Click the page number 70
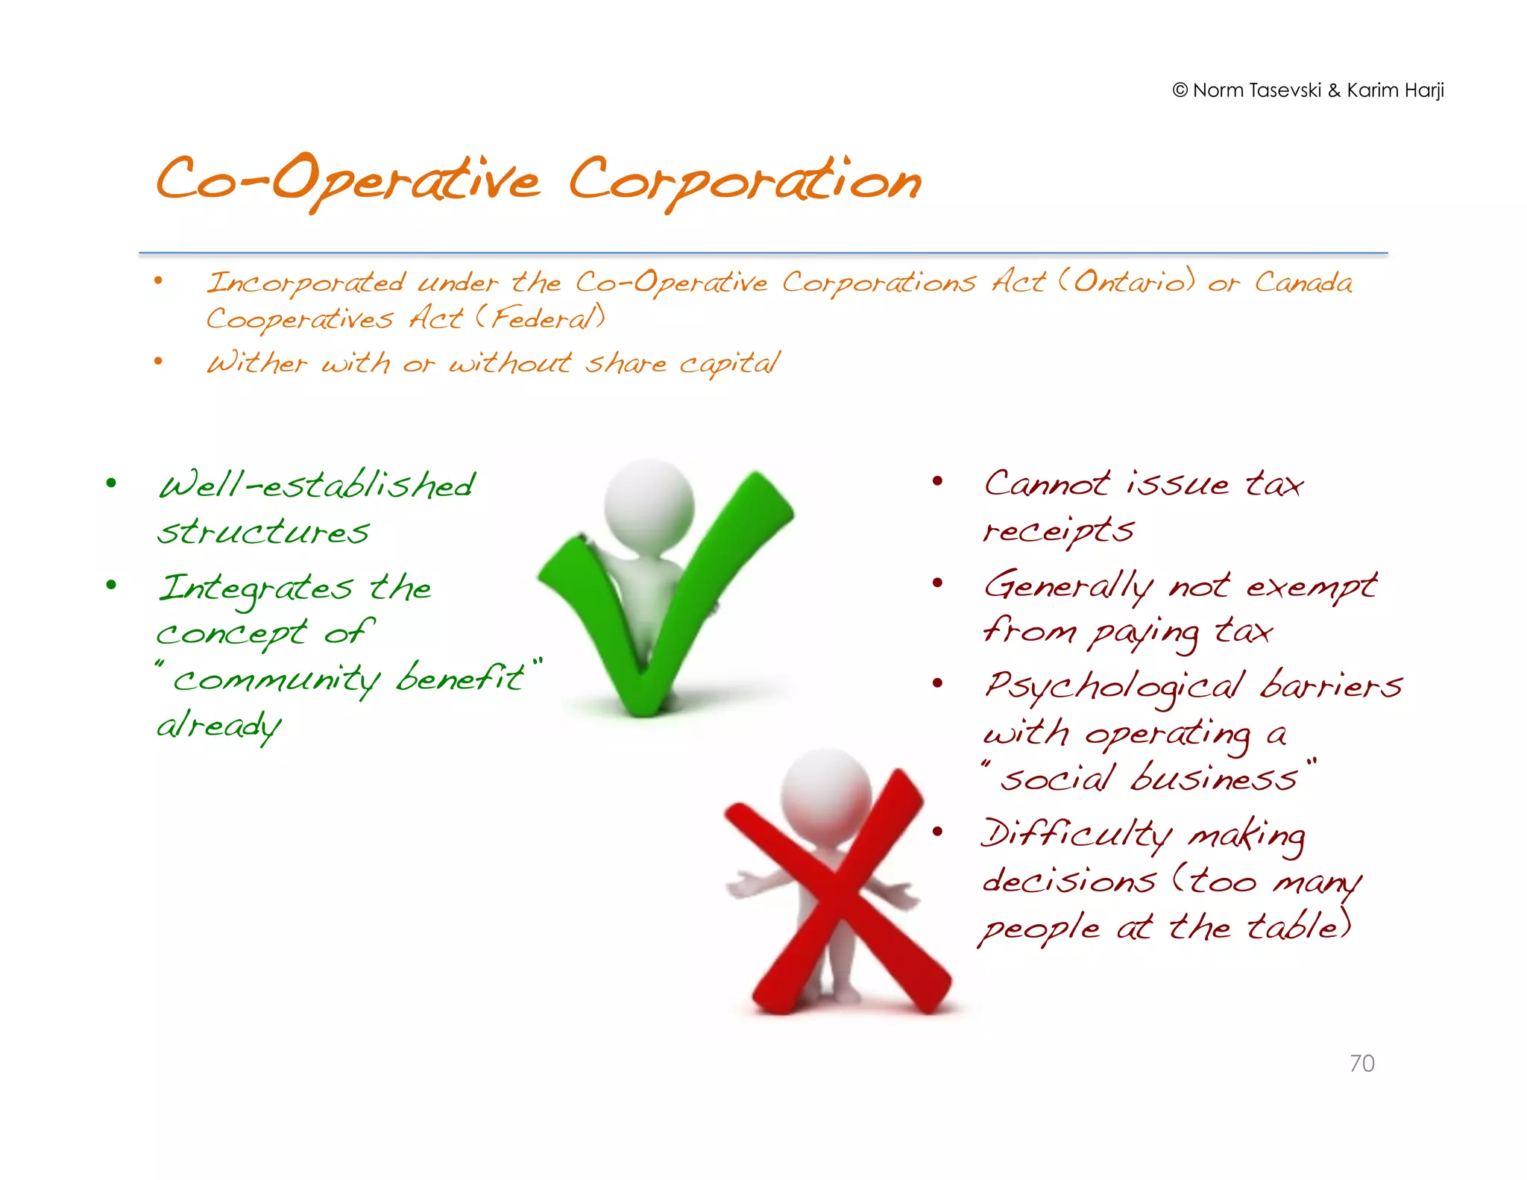1361,1063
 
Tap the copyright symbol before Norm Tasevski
1180,90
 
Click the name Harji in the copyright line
1425,90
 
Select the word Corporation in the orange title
745,182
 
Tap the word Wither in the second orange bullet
256,363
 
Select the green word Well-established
317,486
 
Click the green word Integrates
256,589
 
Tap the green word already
218,726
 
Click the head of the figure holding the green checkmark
649,507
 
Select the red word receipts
1058,531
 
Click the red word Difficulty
1076,835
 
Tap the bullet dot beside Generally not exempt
938,583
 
